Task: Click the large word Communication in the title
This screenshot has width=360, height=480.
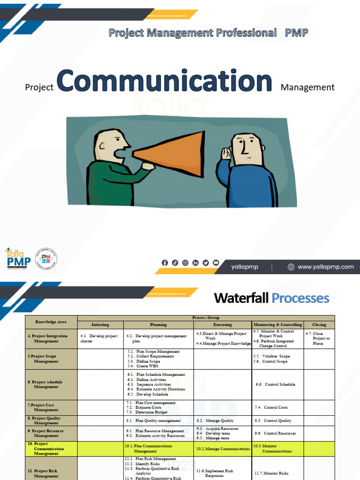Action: point(164,81)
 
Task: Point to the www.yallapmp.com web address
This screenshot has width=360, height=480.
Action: point(325,267)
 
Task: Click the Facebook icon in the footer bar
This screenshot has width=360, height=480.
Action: point(165,263)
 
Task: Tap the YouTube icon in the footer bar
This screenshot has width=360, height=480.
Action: point(216,263)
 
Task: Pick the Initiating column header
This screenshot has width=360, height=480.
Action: point(100,324)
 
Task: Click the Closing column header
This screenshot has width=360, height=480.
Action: point(319,324)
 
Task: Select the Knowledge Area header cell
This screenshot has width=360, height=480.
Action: point(51,322)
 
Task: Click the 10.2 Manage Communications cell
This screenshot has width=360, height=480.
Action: point(223,449)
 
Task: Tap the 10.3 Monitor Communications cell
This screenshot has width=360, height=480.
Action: point(277,449)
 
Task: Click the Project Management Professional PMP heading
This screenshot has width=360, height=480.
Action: point(208,33)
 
